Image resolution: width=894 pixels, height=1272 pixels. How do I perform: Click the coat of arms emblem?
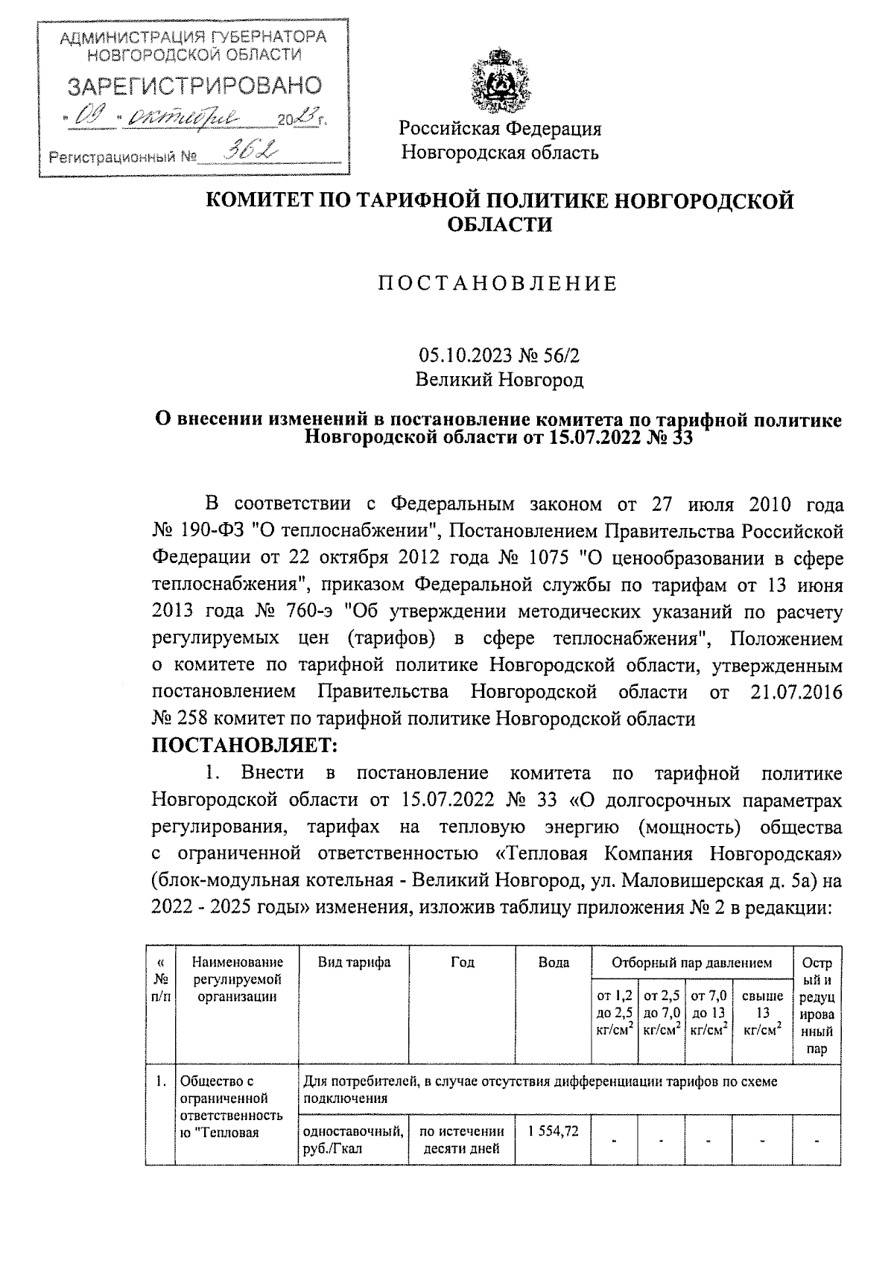point(500,80)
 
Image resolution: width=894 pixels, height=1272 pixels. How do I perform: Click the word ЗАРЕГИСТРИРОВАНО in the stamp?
point(194,86)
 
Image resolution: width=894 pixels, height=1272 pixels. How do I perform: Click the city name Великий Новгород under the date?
point(499,381)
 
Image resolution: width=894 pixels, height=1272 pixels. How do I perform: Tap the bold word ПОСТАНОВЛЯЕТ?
point(245,744)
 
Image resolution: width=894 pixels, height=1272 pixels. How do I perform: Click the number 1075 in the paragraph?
point(551,558)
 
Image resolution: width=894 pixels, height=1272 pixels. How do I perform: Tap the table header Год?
point(463,962)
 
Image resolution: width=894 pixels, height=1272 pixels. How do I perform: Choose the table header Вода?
point(554,962)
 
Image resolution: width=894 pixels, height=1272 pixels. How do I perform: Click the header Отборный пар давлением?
point(691,962)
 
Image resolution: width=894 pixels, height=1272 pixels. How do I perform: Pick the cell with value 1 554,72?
point(554,1152)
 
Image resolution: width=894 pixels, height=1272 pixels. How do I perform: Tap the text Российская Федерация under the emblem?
point(500,129)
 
